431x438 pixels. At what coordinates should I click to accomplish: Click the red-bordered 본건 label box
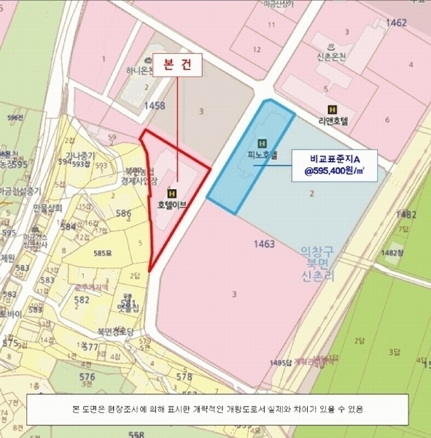[176, 64]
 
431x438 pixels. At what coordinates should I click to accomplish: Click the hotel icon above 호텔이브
[173, 193]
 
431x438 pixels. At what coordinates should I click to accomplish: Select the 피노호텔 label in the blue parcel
[263, 155]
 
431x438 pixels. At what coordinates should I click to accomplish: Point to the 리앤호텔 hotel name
[334, 122]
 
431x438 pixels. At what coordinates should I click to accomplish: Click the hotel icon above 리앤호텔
[333, 109]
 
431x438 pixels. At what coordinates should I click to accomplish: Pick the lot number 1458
[155, 106]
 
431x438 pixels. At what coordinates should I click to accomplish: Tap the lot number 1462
[396, 23]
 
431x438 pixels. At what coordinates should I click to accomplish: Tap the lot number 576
[85, 376]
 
